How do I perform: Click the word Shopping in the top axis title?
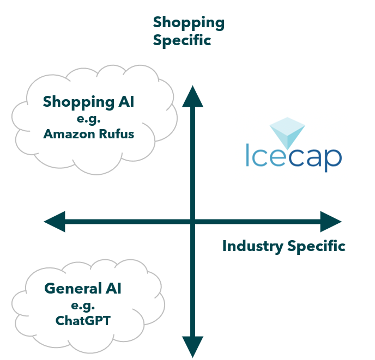coord(188,23)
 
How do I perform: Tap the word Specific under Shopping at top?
coord(182,40)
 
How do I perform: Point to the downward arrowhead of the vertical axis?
coord(192,345)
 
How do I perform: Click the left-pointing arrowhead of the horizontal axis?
coord(55,222)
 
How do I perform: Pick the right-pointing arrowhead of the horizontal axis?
coord(330,222)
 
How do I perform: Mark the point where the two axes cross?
coord(192,222)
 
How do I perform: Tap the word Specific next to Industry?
coord(316,246)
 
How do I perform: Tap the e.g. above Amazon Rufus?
coord(89,118)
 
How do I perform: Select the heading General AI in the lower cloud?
coord(83,289)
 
